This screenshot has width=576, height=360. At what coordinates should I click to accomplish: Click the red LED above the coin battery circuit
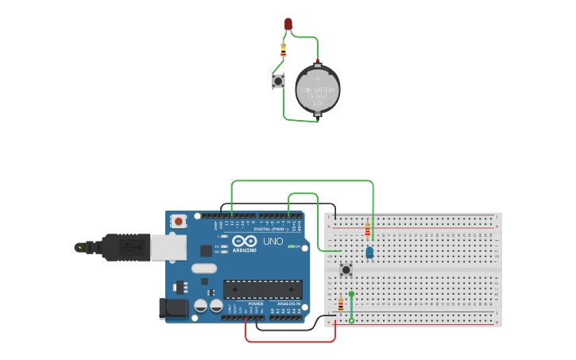[x=288, y=24]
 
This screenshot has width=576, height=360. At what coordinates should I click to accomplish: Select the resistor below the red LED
[x=284, y=50]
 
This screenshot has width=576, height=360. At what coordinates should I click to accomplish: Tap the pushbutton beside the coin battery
[x=278, y=81]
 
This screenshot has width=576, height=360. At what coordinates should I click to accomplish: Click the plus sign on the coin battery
[x=317, y=79]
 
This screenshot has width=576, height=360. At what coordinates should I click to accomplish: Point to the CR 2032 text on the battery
[x=317, y=95]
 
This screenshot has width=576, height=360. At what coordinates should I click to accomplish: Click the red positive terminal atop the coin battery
[x=317, y=62]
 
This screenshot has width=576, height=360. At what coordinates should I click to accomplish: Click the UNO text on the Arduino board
[x=273, y=241]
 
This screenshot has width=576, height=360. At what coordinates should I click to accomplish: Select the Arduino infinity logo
[x=245, y=241]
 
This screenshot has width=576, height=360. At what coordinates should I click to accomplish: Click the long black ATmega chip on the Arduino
[x=262, y=290]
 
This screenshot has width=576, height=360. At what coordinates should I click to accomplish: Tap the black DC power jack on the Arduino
[x=172, y=308]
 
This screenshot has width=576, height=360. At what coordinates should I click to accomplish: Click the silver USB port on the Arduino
[x=168, y=248]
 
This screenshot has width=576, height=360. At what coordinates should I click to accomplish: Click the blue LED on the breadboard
[x=369, y=252]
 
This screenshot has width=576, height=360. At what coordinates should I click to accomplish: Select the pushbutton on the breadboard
[x=346, y=269]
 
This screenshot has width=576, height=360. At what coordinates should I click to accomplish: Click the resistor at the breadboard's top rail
[x=367, y=230]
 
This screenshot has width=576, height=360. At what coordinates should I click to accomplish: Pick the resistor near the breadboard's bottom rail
[x=341, y=304]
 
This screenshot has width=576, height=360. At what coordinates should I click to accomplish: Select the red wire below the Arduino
[x=290, y=342]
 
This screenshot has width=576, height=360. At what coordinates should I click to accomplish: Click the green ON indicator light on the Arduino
[x=291, y=246]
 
